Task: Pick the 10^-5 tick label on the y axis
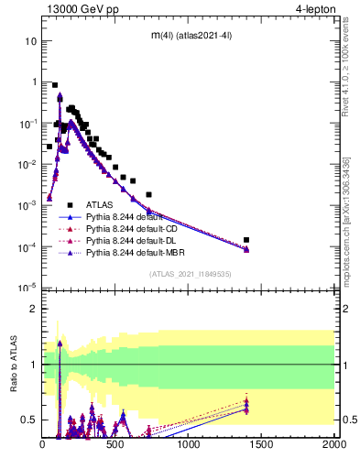tap(27, 289)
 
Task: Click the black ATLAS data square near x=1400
tap(246, 240)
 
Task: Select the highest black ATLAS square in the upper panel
tap(55, 85)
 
